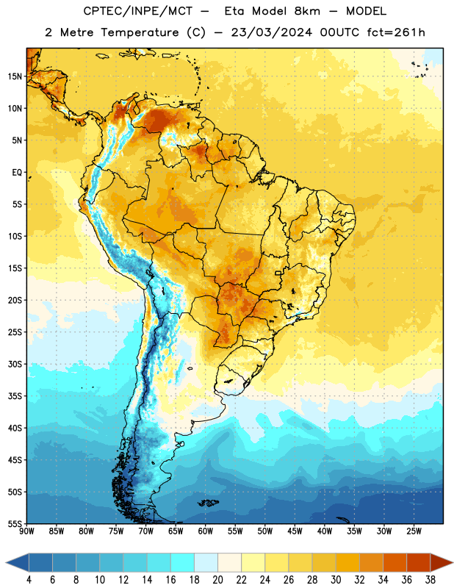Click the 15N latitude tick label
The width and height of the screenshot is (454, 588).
pos(15,76)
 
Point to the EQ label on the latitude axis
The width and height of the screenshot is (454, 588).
pos(17,173)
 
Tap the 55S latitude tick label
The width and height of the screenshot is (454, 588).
pos(15,524)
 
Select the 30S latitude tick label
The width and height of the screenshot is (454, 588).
pos(15,364)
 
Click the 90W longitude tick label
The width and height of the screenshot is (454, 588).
pos(26,531)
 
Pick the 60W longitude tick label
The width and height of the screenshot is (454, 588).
pos(206,531)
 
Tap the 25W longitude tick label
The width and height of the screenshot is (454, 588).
pos(414,531)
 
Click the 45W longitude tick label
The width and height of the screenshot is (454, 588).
pos(295,531)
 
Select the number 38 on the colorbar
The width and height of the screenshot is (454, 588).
pos(430,580)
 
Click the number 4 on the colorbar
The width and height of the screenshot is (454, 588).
pos(29,580)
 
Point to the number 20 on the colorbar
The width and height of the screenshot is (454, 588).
pos(217,580)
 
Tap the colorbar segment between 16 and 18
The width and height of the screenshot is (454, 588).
pos(183,563)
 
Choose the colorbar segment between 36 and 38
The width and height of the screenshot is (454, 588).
pos(419,563)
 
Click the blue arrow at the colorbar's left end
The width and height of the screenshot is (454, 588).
pos(18,563)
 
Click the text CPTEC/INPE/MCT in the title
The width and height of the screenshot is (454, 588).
pos(138,11)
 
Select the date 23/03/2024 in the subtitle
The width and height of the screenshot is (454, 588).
pos(271,32)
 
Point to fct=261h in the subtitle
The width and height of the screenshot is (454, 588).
pos(396,32)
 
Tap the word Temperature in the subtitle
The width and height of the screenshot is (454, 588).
pos(140,33)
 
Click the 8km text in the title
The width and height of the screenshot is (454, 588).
pos(307,11)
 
